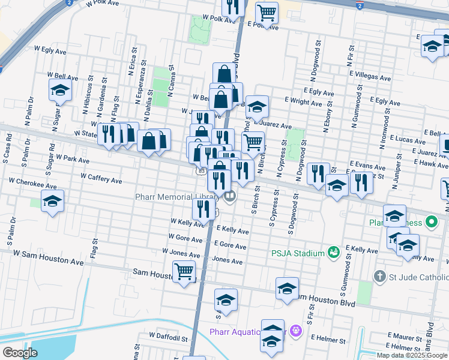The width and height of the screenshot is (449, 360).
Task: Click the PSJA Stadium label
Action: pos(297,253)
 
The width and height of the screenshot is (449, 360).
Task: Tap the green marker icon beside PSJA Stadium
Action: pos(333,253)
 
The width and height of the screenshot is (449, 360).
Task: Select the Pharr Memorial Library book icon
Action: pos(229,196)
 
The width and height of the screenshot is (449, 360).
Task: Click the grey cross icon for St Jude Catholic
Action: pos(379,277)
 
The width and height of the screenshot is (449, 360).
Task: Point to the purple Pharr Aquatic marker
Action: pos(295,330)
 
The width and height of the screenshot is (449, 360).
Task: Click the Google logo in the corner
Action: pos(20,353)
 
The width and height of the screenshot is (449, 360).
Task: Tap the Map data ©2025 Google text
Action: pos(412,355)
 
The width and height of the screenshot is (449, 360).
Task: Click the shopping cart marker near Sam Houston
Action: pos(184,271)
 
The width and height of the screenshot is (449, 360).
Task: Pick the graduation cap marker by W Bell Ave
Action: pos(60,90)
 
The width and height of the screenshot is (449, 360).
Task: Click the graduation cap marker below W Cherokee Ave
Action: pos(52,202)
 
